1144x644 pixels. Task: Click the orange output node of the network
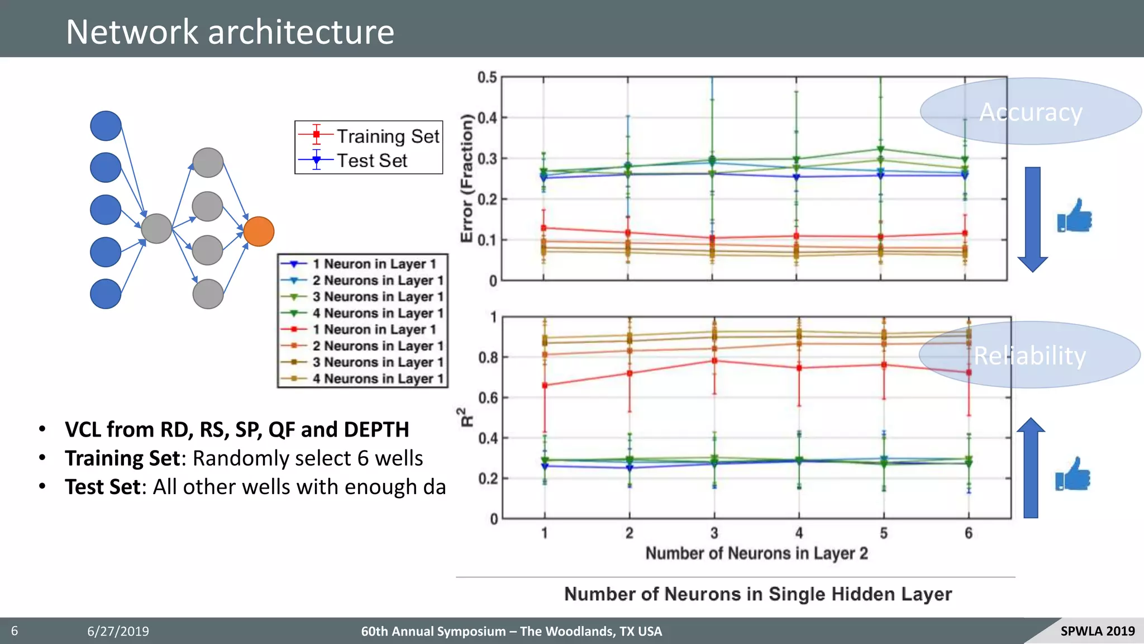pyautogui.click(x=259, y=231)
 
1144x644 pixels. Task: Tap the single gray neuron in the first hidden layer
pyautogui.click(x=156, y=229)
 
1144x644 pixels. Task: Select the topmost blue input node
pyautogui.click(x=106, y=126)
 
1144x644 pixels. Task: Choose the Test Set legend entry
pyautogui.click(x=371, y=161)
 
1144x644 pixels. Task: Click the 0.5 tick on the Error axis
pyautogui.click(x=487, y=77)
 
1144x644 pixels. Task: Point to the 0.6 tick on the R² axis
pyautogui.click(x=488, y=398)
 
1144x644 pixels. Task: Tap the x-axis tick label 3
pyautogui.click(x=714, y=533)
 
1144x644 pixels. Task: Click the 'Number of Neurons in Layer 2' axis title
pyautogui.click(x=756, y=553)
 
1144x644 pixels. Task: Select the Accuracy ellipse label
pyautogui.click(x=1031, y=112)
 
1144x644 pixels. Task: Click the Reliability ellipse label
pyautogui.click(x=1029, y=356)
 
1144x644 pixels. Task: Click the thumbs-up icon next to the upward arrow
pyautogui.click(x=1072, y=474)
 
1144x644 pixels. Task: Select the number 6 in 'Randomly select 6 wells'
pyautogui.click(x=363, y=458)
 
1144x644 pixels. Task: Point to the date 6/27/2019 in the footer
pyautogui.click(x=118, y=631)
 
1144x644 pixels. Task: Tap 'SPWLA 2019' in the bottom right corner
pyautogui.click(x=1097, y=631)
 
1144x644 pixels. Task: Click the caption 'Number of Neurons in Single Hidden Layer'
pyautogui.click(x=757, y=594)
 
